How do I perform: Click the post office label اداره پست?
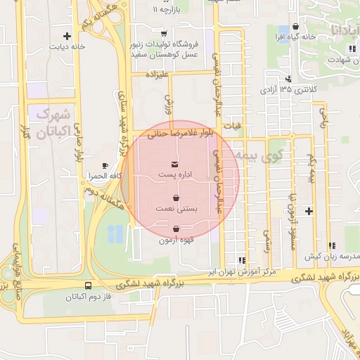(174, 172)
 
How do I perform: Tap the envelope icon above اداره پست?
(174, 164)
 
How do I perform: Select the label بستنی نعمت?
(176, 209)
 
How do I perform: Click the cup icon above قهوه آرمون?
(175, 229)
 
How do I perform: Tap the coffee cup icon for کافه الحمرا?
(105, 165)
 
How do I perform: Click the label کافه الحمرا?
(103, 174)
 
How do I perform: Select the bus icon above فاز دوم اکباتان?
(88, 286)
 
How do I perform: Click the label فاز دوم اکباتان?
(89, 296)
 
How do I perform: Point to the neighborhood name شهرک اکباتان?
(54, 122)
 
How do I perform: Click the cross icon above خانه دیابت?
(67, 36)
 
